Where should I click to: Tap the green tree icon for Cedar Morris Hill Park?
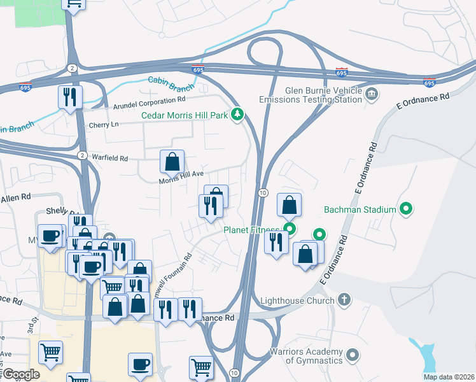[x=239, y=115]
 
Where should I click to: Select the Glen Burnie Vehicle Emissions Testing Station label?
[x=310, y=95]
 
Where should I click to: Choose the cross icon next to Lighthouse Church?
[x=344, y=299]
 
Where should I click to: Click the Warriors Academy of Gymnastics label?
[x=306, y=356]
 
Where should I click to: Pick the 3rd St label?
[x=32, y=327]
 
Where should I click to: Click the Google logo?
[x=20, y=374]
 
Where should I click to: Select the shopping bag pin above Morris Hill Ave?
[x=172, y=162]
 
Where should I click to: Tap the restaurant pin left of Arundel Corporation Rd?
[x=69, y=97]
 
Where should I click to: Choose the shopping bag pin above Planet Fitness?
[x=289, y=206]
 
